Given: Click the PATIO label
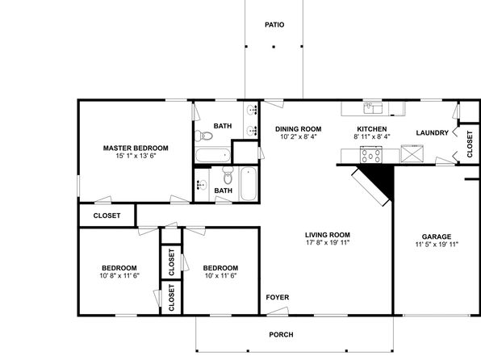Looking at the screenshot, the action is point(274,24).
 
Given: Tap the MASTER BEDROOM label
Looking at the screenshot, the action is point(136,149).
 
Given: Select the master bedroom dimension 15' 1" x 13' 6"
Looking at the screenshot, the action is point(136,156).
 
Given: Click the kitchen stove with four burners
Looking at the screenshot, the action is point(371,154).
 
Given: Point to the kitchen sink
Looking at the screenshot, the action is point(373,108).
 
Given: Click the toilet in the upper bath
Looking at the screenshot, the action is point(203,136).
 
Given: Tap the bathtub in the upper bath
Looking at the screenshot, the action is point(212,155).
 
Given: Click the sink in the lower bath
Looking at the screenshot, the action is point(202,185).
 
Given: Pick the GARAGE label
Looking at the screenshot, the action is point(437,237).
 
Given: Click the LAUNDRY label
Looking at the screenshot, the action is point(433,133).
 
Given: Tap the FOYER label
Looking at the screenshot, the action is point(278,297).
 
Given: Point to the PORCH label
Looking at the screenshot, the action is point(281,334).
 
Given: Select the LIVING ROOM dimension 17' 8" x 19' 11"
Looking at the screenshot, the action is point(328,242).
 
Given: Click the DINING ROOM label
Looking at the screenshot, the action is point(298,129).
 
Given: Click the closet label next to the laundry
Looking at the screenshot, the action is point(470,144).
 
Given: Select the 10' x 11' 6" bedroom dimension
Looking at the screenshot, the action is point(220,275).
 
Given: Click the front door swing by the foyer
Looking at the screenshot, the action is point(278,311).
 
